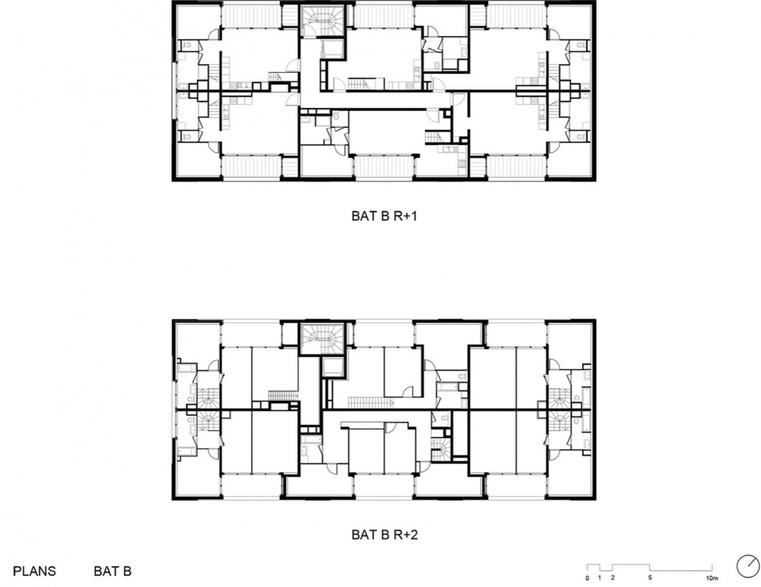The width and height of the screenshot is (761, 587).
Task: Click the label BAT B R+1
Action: [384, 216]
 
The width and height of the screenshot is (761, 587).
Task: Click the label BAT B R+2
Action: [384, 535]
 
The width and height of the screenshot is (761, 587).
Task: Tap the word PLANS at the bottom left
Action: [34, 571]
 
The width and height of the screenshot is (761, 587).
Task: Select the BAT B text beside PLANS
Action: [113, 571]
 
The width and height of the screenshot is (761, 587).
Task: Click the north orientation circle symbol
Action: [748, 566]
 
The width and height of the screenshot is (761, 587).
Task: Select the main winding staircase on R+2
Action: [322, 338]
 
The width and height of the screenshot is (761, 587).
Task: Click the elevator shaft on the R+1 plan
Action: [332, 48]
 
